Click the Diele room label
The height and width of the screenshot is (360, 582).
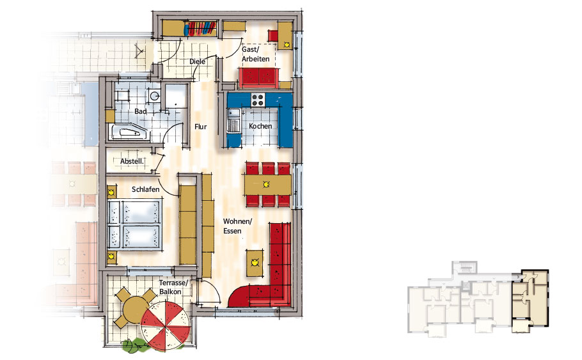(x=197, y=61)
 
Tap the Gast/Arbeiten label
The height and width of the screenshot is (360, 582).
(x=256, y=54)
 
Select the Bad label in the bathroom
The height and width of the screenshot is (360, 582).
(x=140, y=111)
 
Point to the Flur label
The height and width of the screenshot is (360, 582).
(x=200, y=127)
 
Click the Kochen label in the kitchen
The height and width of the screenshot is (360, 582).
(x=260, y=126)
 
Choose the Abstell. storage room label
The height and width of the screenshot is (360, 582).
(x=132, y=162)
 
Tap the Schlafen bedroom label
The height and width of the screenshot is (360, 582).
(x=146, y=189)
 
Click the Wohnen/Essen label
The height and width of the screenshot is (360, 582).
(x=237, y=226)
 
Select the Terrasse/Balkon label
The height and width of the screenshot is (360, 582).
(x=174, y=287)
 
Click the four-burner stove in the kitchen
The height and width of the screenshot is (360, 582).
(x=258, y=100)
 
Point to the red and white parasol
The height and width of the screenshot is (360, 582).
(x=166, y=326)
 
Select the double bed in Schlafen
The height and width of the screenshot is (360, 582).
(x=135, y=224)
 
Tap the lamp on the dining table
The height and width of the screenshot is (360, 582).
(x=266, y=184)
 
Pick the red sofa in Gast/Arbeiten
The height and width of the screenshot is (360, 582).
(x=259, y=77)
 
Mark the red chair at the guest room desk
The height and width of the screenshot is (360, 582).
(x=273, y=36)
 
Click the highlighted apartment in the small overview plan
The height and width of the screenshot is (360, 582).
(x=530, y=301)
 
